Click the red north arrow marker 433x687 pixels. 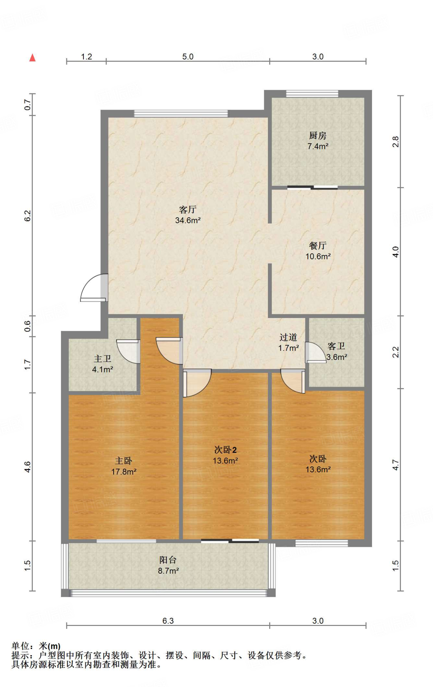pyautogui.click(x=32, y=58)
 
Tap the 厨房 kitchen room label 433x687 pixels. pyautogui.click(x=317, y=136)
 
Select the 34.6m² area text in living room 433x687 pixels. pyautogui.click(x=188, y=220)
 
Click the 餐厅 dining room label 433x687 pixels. pyautogui.click(x=317, y=246)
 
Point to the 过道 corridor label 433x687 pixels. pyautogui.click(x=288, y=337)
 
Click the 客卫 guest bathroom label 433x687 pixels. pyautogui.click(x=336, y=346)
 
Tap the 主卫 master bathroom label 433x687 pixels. pyautogui.click(x=102, y=359)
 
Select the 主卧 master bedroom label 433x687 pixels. pyautogui.click(x=124, y=461)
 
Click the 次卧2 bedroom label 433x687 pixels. pyautogui.click(x=225, y=450)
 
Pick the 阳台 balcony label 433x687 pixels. pyautogui.click(x=168, y=560)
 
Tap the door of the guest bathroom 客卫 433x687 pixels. pyautogui.click(x=315, y=353)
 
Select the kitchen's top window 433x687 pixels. pyautogui.click(x=312, y=94)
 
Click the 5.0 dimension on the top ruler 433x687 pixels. pyautogui.click(x=188, y=56)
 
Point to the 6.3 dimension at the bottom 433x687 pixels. pyautogui.click(x=168, y=621)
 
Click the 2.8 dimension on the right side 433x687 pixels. pyautogui.click(x=395, y=142)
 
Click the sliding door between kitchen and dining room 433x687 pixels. pyautogui.click(x=312, y=188)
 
